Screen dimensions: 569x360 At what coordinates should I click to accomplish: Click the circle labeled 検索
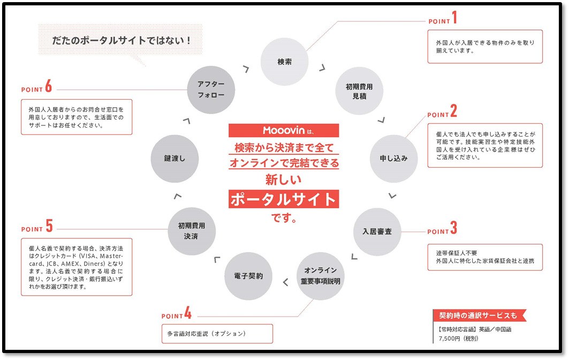click(284, 62)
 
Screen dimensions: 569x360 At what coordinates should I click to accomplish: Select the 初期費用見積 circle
click(359, 91)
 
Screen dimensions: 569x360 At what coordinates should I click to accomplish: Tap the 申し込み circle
click(393, 159)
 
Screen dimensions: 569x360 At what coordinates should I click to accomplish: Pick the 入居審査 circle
click(377, 231)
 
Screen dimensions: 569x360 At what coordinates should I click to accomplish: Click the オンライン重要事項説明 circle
click(320, 276)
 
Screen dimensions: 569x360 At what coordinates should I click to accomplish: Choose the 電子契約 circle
click(248, 276)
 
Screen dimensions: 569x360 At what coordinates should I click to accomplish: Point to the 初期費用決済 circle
click(191, 231)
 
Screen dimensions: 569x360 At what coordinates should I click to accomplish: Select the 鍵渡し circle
click(175, 159)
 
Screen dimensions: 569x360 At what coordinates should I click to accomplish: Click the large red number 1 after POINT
click(454, 19)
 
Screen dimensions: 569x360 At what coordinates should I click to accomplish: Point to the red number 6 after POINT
click(48, 86)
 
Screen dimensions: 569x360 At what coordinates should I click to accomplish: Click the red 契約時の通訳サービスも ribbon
click(479, 315)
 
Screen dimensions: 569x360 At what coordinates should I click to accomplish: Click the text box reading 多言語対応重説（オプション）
click(217, 334)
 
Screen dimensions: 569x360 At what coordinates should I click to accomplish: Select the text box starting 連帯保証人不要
click(484, 257)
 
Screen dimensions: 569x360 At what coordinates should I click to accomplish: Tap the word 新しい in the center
click(284, 179)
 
